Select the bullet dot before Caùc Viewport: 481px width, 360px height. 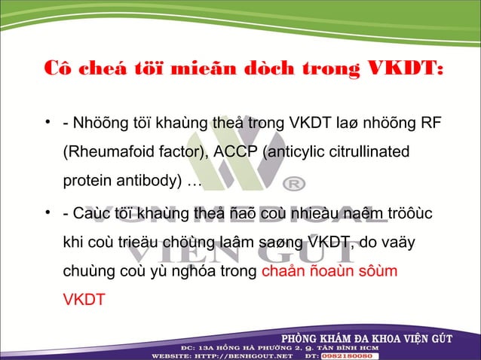pyautogui.click(x=47, y=212)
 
